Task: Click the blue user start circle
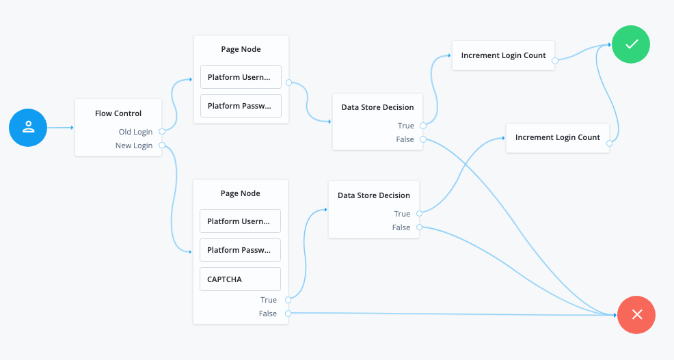point(28,127)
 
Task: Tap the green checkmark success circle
point(631,44)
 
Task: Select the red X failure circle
point(636,314)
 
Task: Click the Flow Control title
point(118,113)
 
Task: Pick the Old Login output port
point(161,132)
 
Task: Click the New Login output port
point(161,146)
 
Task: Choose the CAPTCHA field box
point(240,279)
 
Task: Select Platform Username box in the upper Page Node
point(241,77)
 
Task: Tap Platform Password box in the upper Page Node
point(241,106)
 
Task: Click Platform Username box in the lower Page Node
point(240,221)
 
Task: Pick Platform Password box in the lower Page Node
point(240,250)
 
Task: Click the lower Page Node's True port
point(288,300)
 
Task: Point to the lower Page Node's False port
point(288,314)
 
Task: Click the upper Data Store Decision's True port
point(424,126)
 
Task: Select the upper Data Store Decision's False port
point(424,139)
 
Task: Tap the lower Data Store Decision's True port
point(420,214)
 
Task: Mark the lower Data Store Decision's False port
point(420,227)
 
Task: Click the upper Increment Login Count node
point(503,55)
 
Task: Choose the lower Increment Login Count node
point(557,138)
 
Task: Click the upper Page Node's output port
point(288,83)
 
